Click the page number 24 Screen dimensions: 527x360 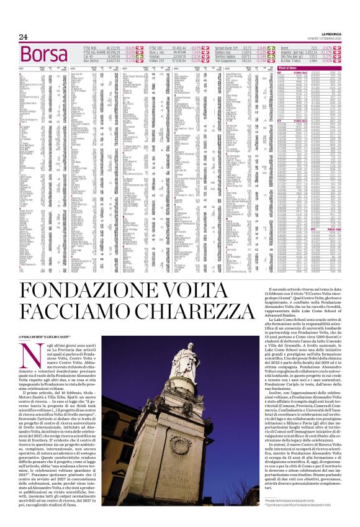click(23, 37)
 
